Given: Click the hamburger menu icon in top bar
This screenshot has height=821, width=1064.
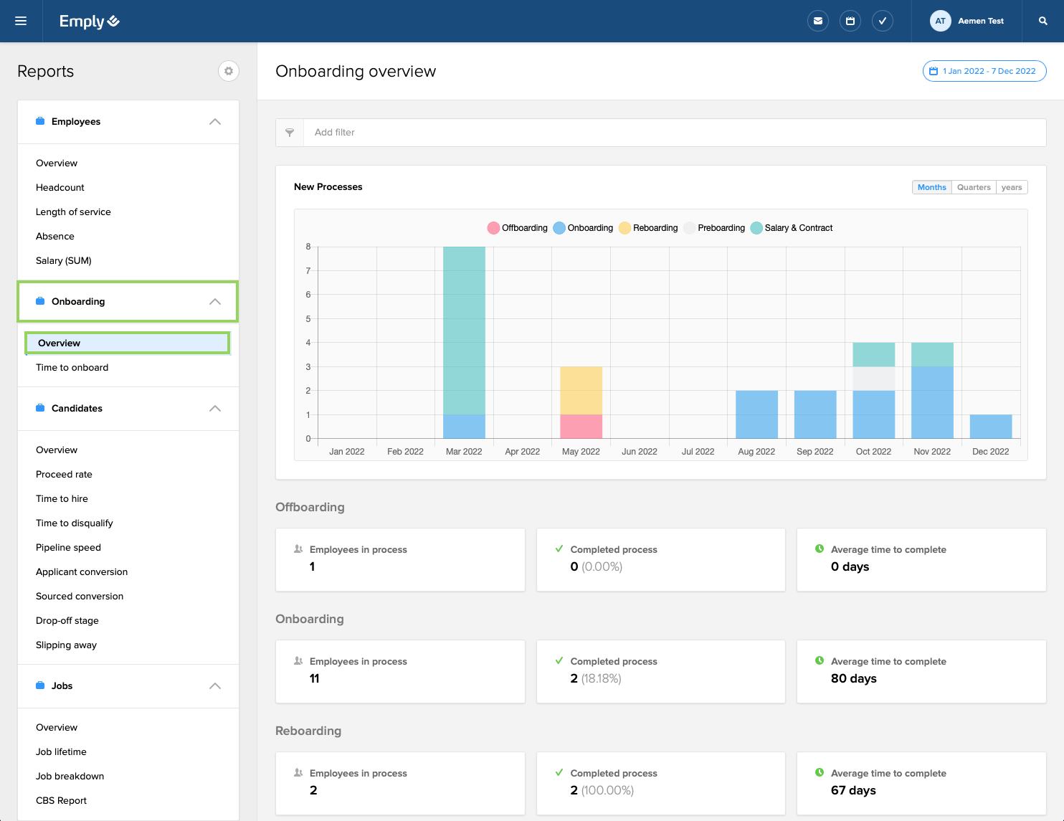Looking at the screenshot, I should pyautogui.click(x=21, y=21).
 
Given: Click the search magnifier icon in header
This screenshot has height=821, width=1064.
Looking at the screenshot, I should pyautogui.click(x=1043, y=21).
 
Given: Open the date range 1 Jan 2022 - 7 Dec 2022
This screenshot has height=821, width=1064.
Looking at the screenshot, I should pyautogui.click(x=984, y=71).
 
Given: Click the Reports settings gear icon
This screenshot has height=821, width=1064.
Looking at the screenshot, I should pyautogui.click(x=228, y=71).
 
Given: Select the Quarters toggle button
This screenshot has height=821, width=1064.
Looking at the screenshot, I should pyautogui.click(x=973, y=187).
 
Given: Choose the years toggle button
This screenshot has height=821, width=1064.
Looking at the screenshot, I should pyautogui.click(x=1011, y=187).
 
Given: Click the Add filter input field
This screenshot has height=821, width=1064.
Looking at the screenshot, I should pyautogui.click(x=674, y=133).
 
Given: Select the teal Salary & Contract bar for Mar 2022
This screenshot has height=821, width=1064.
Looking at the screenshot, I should pyautogui.click(x=464, y=330).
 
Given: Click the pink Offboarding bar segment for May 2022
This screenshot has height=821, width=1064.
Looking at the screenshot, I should pyautogui.click(x=581, y=427).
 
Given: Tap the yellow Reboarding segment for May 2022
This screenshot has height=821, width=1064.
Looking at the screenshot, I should pyautogui.click(x=581, y=390).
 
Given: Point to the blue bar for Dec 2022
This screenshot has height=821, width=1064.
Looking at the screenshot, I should pyautogui.click(x=990, y=427).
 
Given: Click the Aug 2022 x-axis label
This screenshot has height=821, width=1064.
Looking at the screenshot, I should pyautogui.click(x=756, y=452).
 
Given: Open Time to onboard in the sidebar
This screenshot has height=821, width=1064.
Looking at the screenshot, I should pyautogui.click(x=72, y=368).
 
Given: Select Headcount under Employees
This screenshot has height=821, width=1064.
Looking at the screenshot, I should pyautogui.click(x=60, y=188).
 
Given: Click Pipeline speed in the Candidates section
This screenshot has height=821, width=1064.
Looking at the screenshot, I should pyautogui.click(x=69, y=548).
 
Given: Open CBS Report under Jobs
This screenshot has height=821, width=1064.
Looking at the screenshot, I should pyautogui.click(x=62, y=801).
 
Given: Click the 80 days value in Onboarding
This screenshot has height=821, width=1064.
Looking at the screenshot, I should pyautogui.click(x=853, y=678).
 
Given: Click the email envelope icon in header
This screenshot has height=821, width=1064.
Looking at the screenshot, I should pyautogui.click(x=817, y=21).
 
